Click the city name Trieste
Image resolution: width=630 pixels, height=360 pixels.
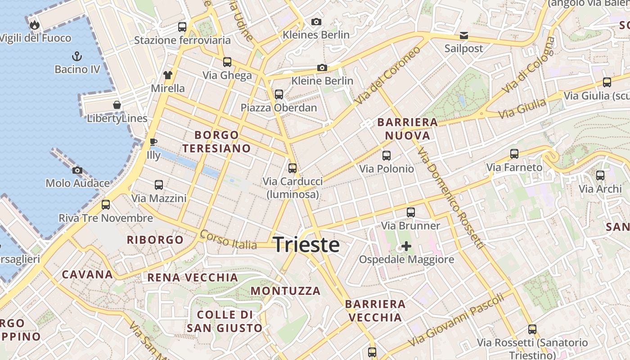coord(306,245)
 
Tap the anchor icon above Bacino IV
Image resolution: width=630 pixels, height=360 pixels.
coord(77,56)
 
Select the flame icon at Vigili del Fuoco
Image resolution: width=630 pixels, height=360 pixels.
coord(35,25)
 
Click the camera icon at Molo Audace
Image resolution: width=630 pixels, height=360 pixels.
coord(77,170)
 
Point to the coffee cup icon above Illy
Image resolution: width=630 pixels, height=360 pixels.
coord(153,142)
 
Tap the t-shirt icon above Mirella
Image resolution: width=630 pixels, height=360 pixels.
coord(167,75)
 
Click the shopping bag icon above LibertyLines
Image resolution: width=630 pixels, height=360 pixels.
coord(117,105)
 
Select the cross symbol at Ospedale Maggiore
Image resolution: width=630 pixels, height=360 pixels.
coord(406,246)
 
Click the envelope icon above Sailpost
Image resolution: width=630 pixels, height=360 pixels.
coord(463,35)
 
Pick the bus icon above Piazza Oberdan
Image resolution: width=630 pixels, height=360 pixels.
coord(279,94)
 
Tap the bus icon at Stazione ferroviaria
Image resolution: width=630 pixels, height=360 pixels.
coord(182,27)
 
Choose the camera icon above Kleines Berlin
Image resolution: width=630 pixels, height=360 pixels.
coord(316,22)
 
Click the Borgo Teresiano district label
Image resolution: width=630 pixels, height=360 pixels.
coord(216,141)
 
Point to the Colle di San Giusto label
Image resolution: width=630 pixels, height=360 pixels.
coord(224,321)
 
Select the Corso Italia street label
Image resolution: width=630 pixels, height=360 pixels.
coord(228,239)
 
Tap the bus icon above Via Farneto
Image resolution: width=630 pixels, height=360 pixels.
coord(514,154)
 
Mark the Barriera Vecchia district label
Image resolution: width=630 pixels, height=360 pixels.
coord(375,310)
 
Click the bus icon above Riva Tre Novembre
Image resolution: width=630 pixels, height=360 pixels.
coord(106,205)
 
